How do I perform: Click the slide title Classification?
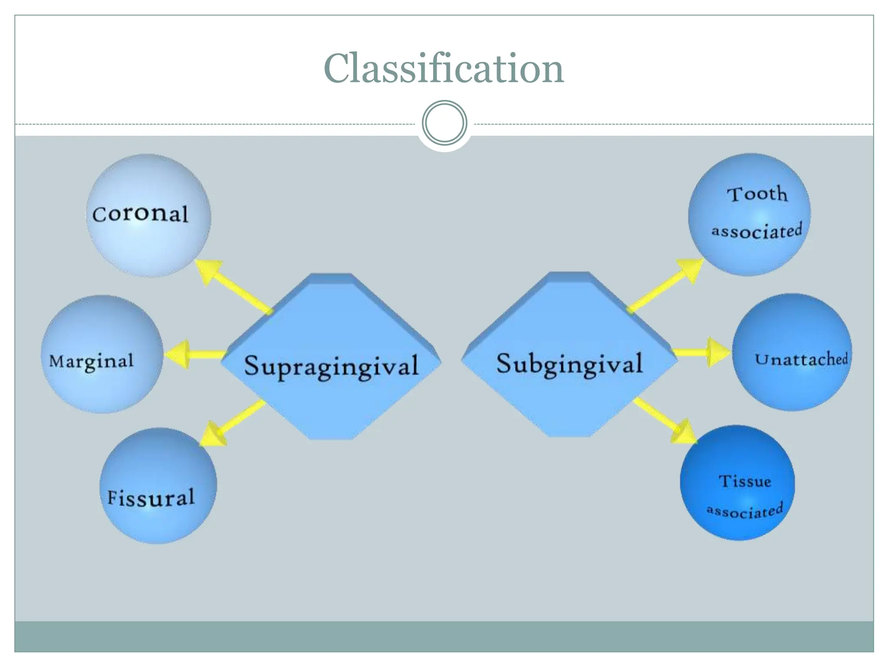coord(444,69)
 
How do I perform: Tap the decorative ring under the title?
coord(444,123)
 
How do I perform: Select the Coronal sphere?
coord(149,243)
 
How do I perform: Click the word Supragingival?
coord(331,366)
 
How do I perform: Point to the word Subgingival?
coord(569,364)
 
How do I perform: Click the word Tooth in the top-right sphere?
coord(757,194)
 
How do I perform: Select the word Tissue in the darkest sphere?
coord(744,481)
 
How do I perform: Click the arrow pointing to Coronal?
coord(230,284)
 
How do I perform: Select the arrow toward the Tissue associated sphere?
coord(664,419)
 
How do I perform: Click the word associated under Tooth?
coord(757,231)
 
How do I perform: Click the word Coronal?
coord(140,214)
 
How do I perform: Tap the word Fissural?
coord(151,498)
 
